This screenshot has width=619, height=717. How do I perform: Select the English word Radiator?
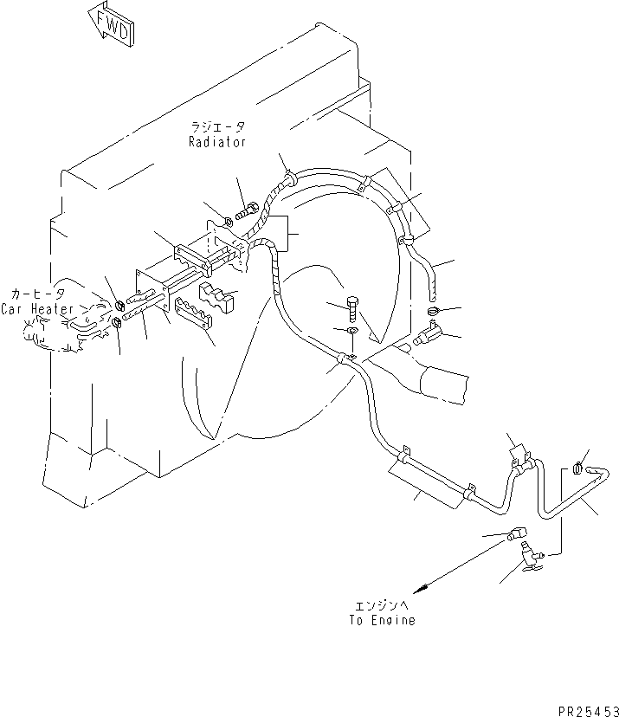click(217, 142)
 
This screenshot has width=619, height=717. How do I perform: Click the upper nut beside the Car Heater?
click(119, 304)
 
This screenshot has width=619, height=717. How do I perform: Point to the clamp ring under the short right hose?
click(433, 312)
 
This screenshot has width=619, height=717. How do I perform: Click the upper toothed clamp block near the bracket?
click(219, 293)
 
